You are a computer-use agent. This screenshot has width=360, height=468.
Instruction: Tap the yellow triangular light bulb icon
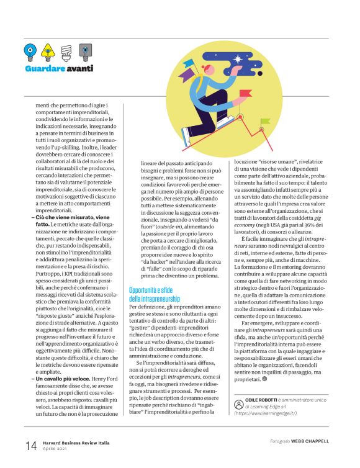[47, 49]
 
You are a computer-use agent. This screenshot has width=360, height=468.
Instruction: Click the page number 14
[31, 445]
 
